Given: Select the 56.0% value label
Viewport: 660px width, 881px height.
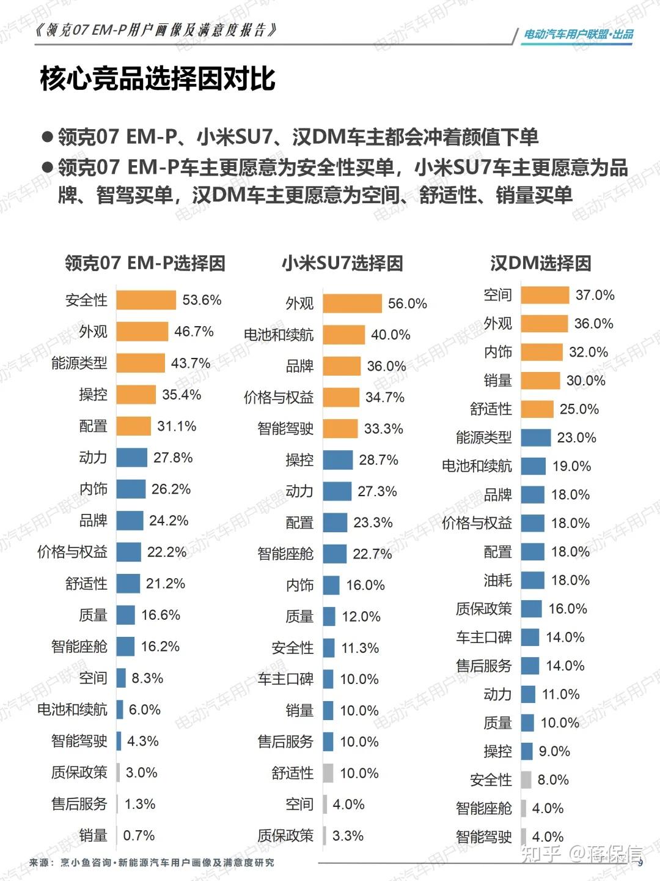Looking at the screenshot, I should pos(407,303).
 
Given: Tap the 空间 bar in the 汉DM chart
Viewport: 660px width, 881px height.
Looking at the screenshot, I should pos(545,295).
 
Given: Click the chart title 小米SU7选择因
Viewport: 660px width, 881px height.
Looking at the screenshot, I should pos(342,263).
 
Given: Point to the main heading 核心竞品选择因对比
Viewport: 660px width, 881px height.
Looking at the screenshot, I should pos(158,78).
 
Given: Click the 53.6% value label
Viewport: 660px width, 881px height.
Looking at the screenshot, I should pos(202,300).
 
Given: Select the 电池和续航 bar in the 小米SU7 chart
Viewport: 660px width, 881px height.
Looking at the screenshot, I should pos(343,335).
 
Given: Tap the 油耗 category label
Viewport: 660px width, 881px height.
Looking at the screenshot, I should pos(497,580).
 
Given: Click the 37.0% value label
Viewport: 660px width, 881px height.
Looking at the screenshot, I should pos(595,295).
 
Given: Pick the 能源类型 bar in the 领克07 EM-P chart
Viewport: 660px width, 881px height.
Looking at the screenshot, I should pos(141,363).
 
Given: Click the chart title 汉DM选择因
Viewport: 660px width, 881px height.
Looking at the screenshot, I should pos(540,263).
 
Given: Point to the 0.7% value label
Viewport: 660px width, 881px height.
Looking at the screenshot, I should pos(139,835).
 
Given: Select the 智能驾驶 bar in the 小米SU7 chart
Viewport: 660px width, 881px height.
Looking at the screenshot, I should pos(340,428).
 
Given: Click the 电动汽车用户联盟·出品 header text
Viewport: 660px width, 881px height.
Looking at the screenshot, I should pos(578,34).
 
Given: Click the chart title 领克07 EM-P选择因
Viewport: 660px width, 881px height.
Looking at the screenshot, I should pos(145,263).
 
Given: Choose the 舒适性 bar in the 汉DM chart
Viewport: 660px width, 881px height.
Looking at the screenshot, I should pos(537,409).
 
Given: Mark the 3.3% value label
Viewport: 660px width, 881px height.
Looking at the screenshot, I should pos(348,835).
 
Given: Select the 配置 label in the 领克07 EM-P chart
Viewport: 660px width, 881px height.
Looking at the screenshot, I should pos(93,426).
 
